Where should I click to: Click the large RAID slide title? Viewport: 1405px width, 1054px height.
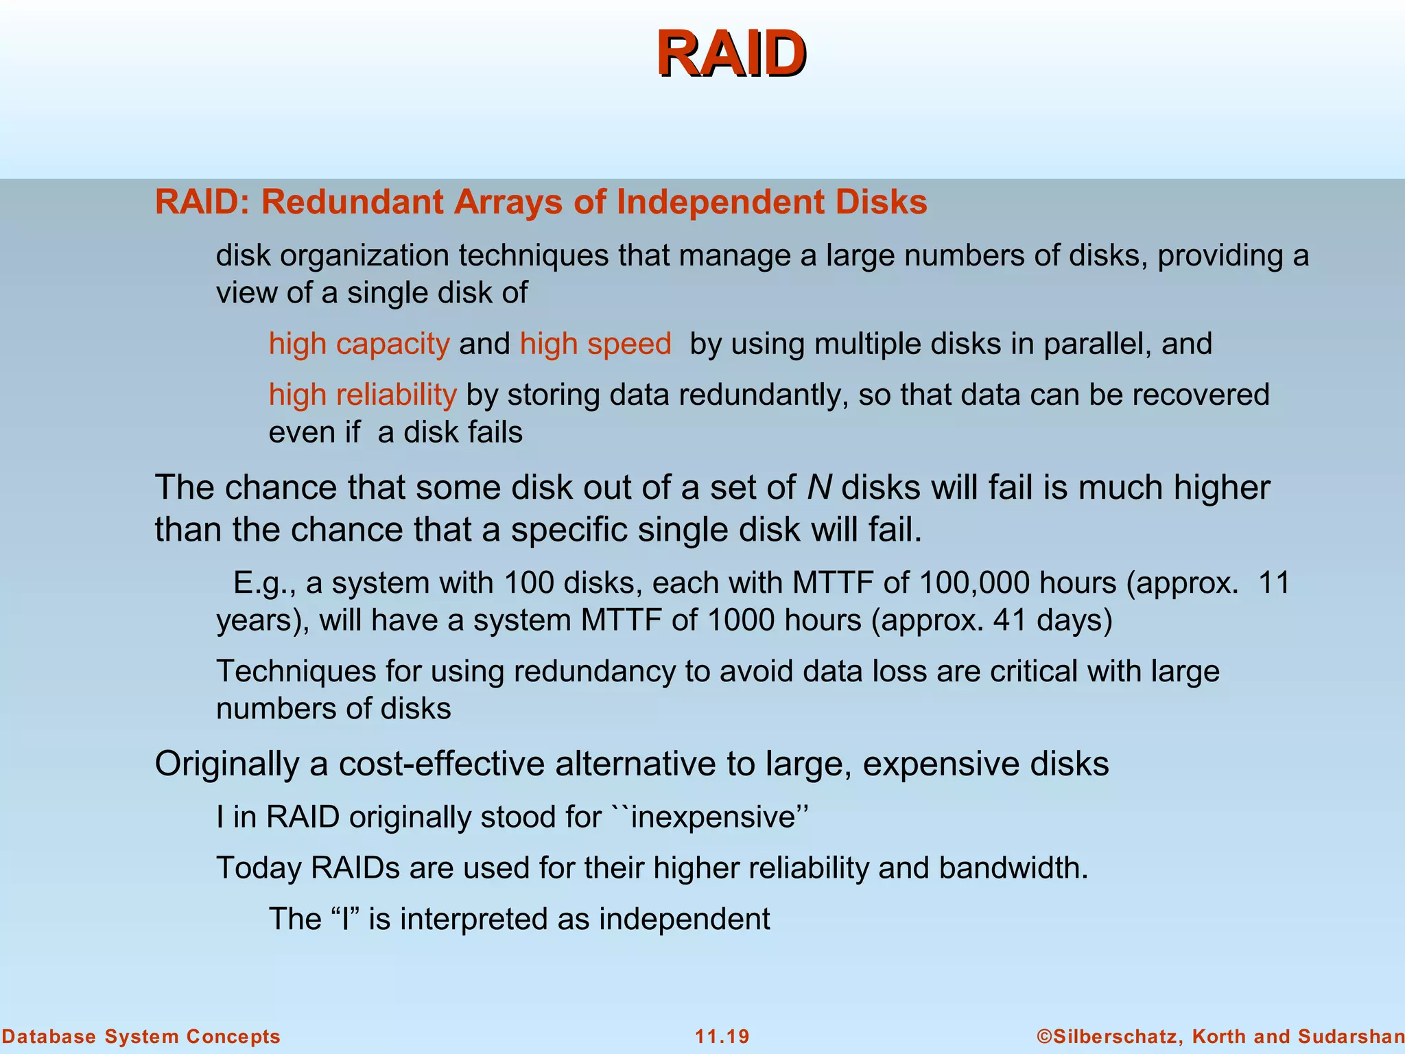point(731,54)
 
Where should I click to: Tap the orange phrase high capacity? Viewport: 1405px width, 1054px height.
point(359,344)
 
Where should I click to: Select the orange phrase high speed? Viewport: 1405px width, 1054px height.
point(595,344)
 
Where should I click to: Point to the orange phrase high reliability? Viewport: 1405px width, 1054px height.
point(362,395)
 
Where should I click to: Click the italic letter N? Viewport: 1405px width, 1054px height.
point(819,488)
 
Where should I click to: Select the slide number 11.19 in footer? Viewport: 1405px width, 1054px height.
point(722,1037)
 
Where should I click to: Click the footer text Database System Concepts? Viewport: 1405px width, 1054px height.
point(141,1037)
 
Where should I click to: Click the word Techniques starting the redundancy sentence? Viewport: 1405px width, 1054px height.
point(296,671)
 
